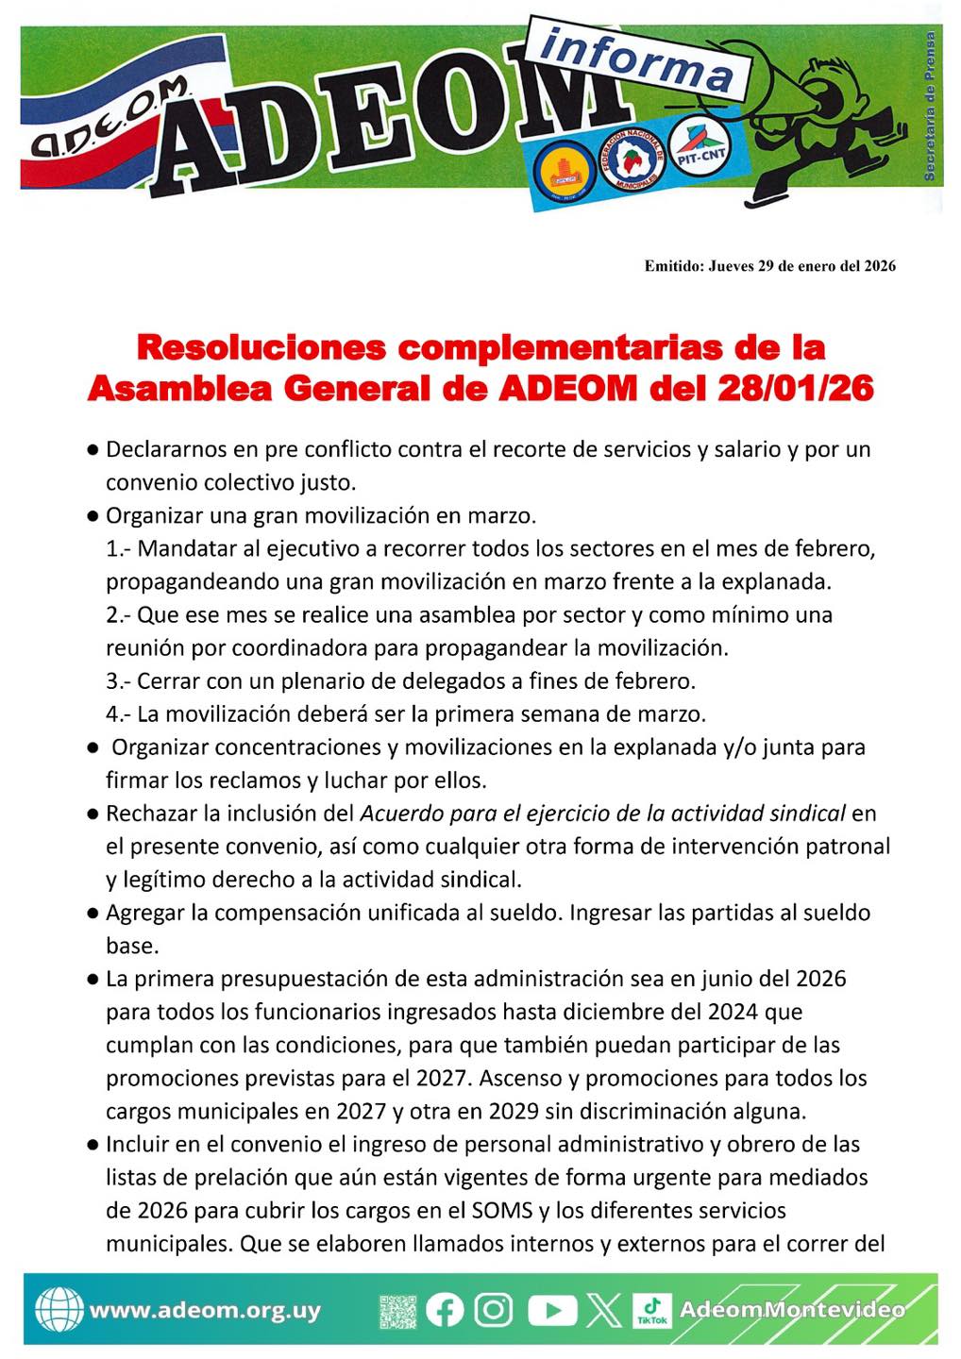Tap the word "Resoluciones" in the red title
pyautogui.click(x=261, y=347)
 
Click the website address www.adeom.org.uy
pyautogui.click(x=205, y=1311)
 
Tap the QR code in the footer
pyautogui.click(x=397, y=1311)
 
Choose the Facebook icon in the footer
pyautogui.click(x=445, y=1310)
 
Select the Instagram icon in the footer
pyautogui.click(x=493, y=1310)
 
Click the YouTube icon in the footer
pyautogui.click(x=551, y=1310)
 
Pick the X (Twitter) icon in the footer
pyautogui.click(x=603, y=1310)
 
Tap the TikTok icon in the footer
pyautogui.click(x=651, y=1310)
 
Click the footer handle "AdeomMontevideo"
pyautogui.click(x=792, y=1310)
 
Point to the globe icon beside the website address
pyautogui.click(x=59, y=1310)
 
